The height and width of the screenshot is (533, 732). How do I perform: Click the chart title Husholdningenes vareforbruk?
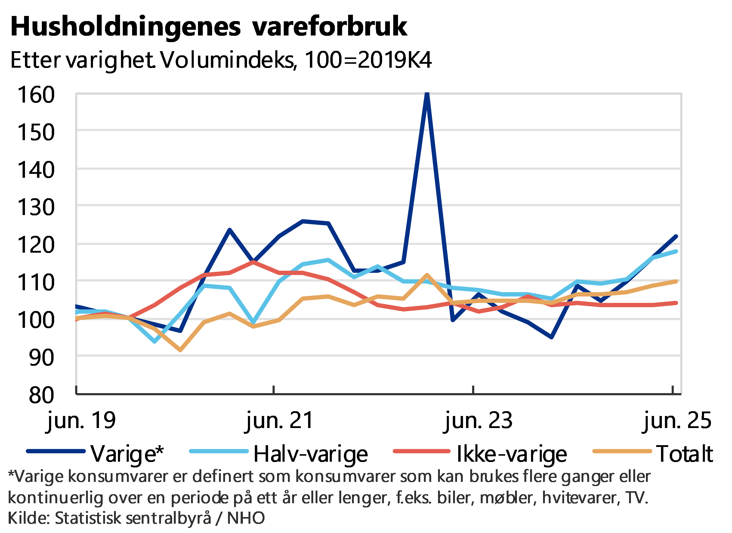[x=209, y=27]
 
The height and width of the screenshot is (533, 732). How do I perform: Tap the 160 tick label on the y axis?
[x=36, y=95]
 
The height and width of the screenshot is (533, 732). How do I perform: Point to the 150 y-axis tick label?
[x=36, y=132]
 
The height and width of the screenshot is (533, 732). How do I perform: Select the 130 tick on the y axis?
[x=36, y=207]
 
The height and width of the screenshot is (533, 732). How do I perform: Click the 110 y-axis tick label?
[x=36, y=283]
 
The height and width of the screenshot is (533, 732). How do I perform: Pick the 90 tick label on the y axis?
[x=41, y=357]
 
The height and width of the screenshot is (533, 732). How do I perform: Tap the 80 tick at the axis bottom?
[x=41, y=395]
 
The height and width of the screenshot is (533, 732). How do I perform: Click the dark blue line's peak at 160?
[x=427, y=94]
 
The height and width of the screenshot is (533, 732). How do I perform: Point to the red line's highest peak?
[x=254, y=262]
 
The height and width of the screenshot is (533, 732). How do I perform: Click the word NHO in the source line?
[x=246, y=518]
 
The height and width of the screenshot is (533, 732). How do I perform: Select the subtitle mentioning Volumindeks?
[x=221, y=60]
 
